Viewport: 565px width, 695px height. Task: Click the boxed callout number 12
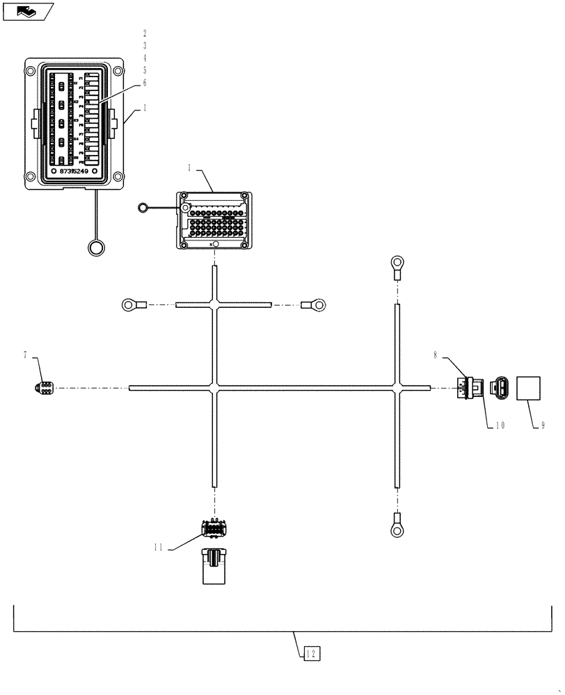(x=312, y=653)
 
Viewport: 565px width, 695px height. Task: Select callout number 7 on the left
(x=26, y=355)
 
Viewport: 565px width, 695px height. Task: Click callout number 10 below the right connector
(x=500, y=424)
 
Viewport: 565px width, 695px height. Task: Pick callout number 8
(x=435, y=355)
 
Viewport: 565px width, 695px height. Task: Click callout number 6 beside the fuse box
(x=145, y=82)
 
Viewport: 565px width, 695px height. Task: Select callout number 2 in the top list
(x=145, y=33)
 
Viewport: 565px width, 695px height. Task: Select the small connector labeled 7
(x=41, y=388)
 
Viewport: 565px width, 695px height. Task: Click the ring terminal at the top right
(x=397, y=263)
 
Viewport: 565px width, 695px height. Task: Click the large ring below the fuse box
(x=96, y=246)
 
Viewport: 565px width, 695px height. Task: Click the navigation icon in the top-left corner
(x=28, y=11)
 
